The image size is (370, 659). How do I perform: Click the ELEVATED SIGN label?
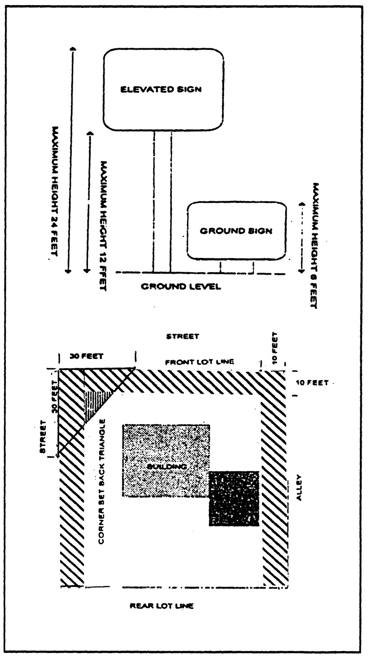[x=161, y=90]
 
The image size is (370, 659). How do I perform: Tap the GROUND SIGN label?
[x=236, y=230]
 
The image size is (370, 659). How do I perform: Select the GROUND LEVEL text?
[x=181, y=286]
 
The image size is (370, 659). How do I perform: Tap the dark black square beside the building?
[x=234, y=498]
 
